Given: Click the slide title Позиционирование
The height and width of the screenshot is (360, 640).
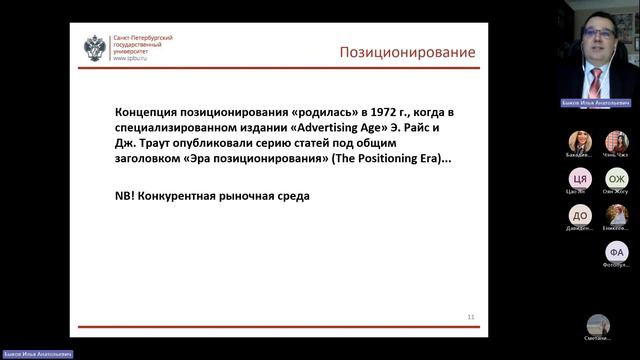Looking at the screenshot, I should tap(407, 52).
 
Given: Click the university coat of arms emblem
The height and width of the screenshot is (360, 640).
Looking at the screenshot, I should tap(95, 48).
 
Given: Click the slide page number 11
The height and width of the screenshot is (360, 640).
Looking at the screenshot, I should tap(471, 317).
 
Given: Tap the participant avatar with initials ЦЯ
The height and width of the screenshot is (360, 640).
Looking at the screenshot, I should tap(580, 178).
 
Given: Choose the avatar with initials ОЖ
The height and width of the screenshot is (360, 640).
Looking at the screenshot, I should tap(616, 178).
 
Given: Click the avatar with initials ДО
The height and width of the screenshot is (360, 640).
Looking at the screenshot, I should tap(580, 215).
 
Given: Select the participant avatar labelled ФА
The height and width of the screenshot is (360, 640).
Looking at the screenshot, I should tap(616, 251).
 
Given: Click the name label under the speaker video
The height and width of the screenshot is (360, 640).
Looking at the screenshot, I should tap(598, 103).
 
